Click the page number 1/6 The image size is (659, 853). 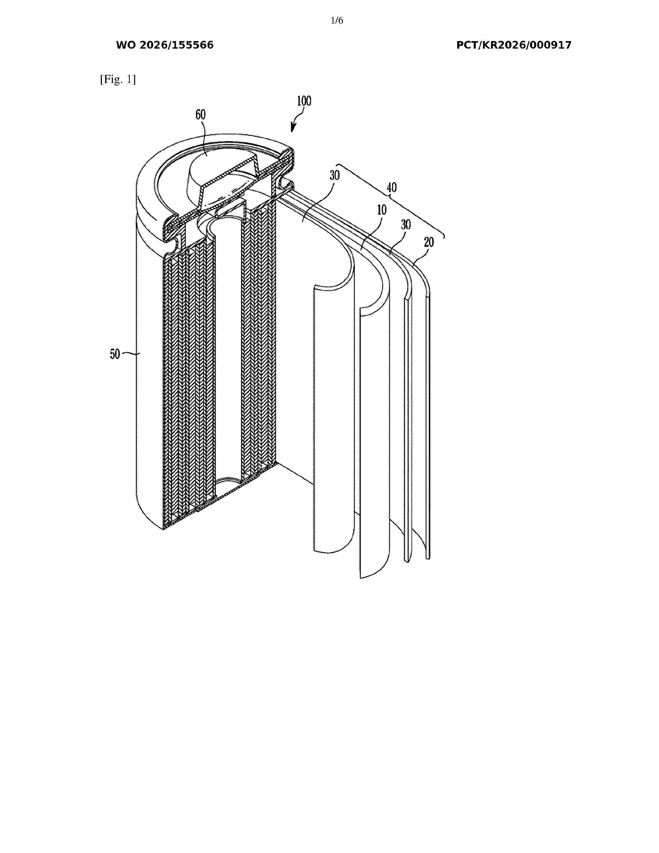(336, 21)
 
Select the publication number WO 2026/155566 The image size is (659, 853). (165, 45)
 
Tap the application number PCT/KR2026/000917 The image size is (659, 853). (514, 45)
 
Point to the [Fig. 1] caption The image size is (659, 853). (118, 80)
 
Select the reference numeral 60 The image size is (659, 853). (200, 115)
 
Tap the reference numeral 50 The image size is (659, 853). (115, 354)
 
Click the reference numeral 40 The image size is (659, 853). (392, 188)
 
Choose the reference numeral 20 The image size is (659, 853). (429, 242)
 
